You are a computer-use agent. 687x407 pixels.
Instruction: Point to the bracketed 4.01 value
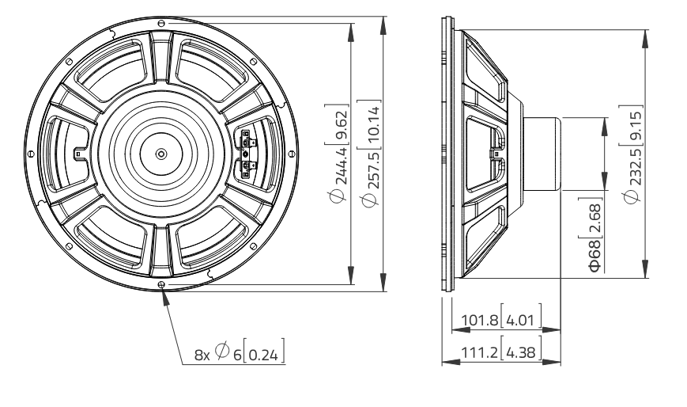[x=523, y=321]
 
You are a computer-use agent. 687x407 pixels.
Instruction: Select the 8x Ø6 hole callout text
[x=217, y=355]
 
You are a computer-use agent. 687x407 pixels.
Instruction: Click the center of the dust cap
[x=161, y=153]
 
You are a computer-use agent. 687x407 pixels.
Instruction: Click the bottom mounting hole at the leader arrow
[x=161, y=285]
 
